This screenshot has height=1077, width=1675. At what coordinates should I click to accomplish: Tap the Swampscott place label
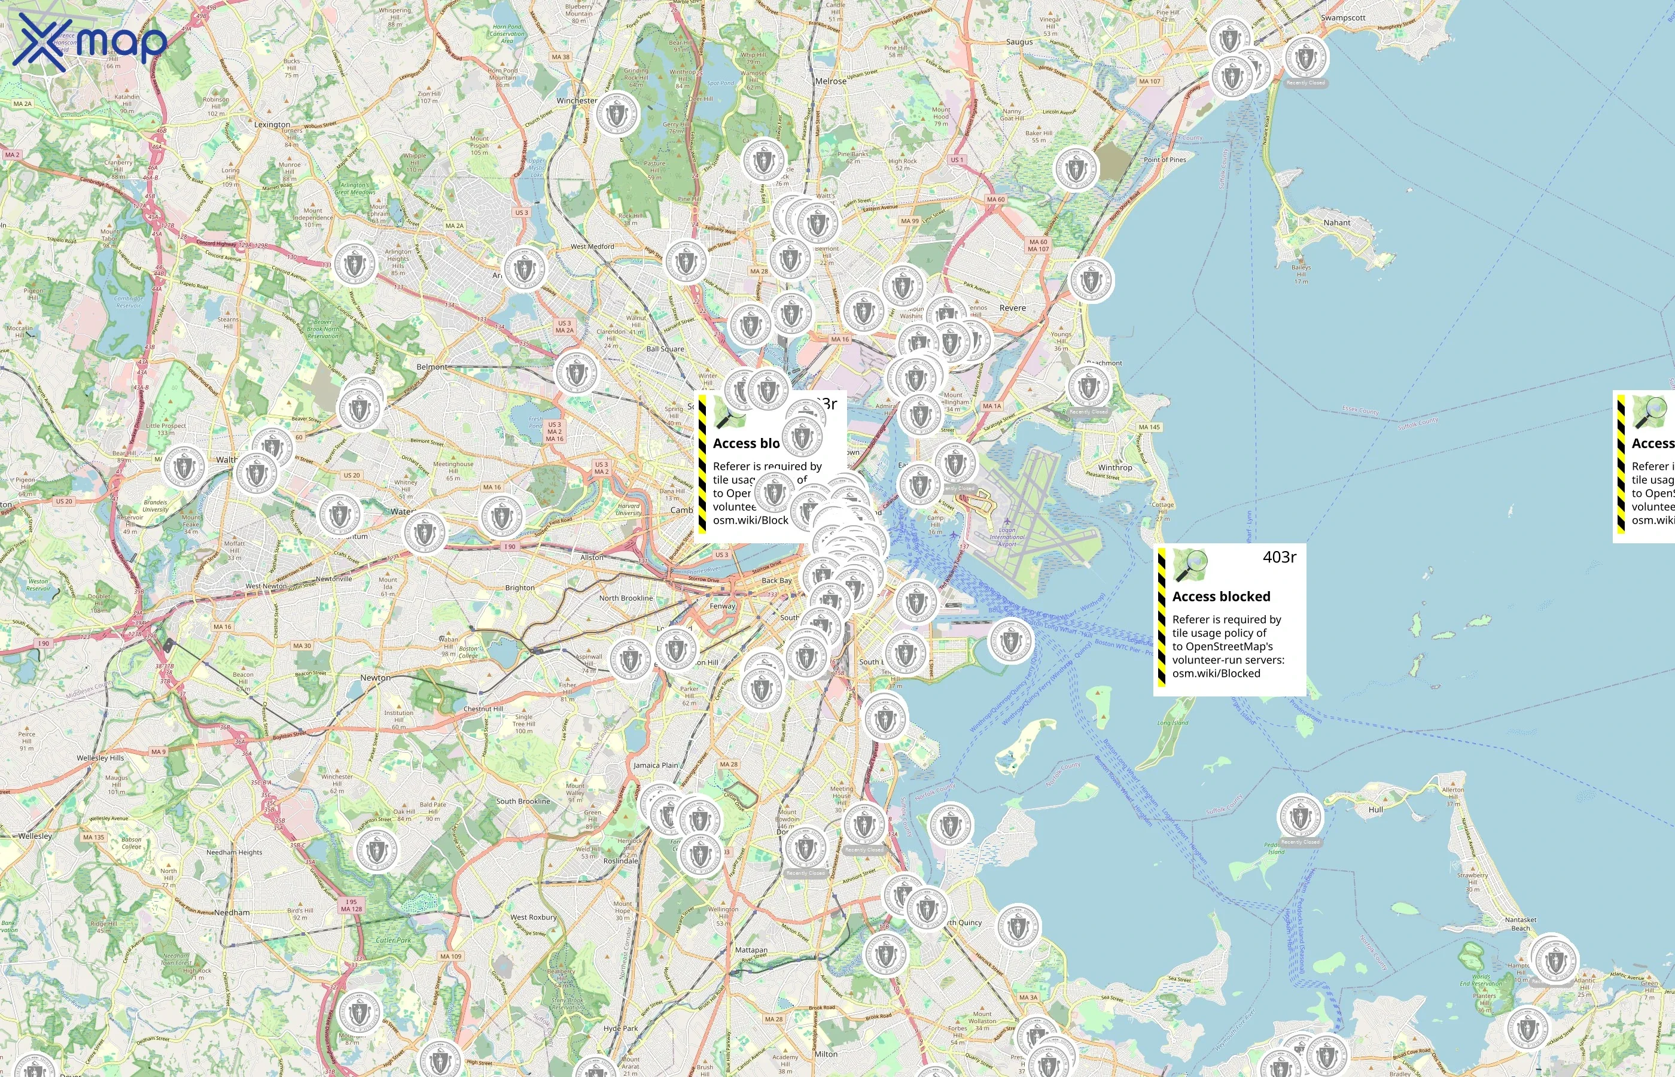[1343, 18]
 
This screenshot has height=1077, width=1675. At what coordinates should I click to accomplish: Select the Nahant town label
[1336, 223]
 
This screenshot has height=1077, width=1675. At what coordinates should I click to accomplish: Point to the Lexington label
[272, 124]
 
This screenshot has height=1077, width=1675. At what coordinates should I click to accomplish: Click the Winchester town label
[577, 101]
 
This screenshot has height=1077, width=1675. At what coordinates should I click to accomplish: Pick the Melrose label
[830, 82]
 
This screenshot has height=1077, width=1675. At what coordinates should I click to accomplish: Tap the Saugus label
[1019, 42]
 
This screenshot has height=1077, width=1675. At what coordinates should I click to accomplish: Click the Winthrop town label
[1114, 468]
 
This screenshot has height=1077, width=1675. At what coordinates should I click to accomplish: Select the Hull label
[1375, 810]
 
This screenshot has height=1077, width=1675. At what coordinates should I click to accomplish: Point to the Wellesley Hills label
[100, 758]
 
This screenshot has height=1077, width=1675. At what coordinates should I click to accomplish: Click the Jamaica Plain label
[656, 765]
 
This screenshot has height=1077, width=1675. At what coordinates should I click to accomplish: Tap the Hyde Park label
[620, 1029]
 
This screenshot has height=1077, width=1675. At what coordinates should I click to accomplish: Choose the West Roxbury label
[534, 917]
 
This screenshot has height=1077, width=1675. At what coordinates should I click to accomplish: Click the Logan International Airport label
[1007, 537]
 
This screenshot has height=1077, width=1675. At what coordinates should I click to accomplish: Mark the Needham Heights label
[234, 853]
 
